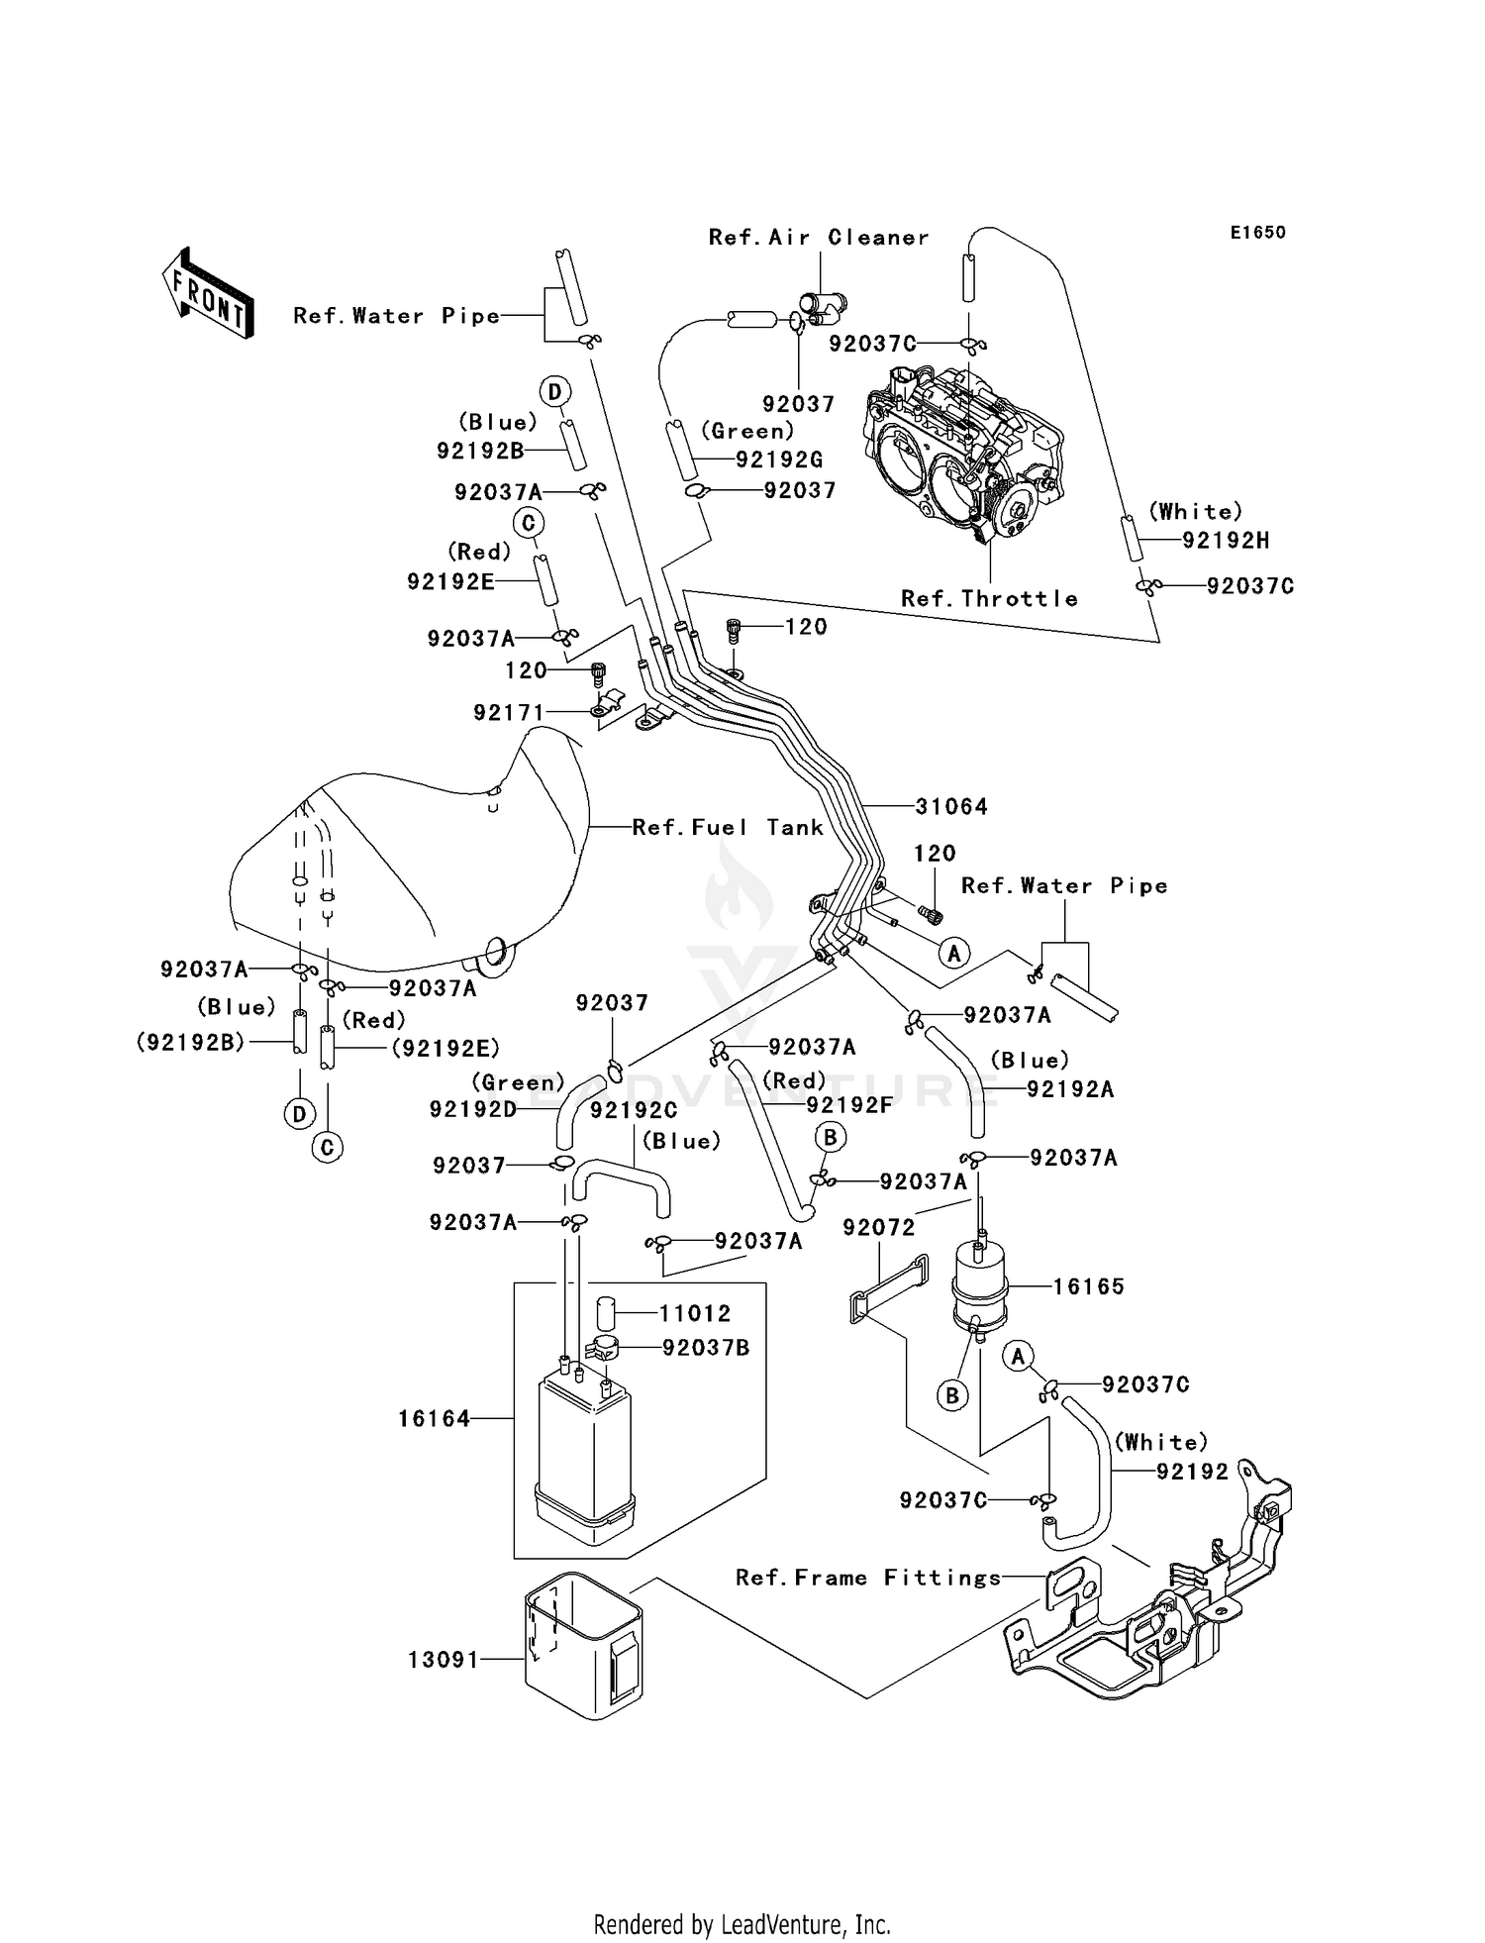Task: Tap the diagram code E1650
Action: click(x=1257, y=233)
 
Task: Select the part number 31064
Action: click(x=950, y=807)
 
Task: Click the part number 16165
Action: click(x=1088, y=1286)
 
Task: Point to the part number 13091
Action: click(x=444, y=1659)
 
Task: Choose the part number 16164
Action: click(x=434, y=1419)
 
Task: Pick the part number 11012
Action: click(x=695, y=1313)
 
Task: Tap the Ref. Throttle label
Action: click(x=989, y=598)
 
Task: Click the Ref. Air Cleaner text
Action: click(x=819, y=238)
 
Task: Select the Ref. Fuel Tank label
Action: click(x=728, y=827)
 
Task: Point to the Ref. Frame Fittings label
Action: click(x=868, y=1578)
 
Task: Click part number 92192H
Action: click(x=1226, y=541)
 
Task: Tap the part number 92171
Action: click(x=509, y=712)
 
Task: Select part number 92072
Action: click(x=878, y=1227)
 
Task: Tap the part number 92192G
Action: click(x=779, y=460)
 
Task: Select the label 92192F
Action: click(x=849, y=1105)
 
